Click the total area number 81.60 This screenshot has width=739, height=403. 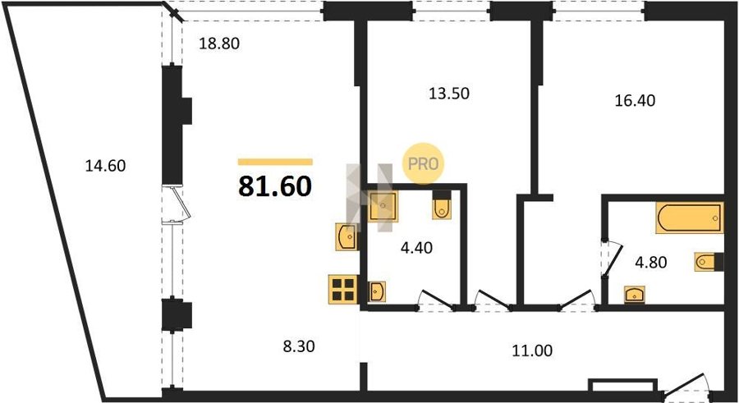[275, 185]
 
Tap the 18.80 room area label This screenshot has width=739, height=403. [219, 44]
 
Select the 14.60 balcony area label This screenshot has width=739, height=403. [105, 166]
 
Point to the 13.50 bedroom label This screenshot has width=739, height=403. [448, 94]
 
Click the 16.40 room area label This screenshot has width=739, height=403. [635, 100]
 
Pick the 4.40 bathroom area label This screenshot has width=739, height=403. [416, 247]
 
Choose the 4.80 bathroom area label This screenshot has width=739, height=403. [651, 262]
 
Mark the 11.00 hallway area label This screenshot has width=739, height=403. [532, 350]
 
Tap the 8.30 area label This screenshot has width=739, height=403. [299, 347]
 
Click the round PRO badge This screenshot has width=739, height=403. [423, 163]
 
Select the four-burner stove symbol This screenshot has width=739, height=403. [343, 290]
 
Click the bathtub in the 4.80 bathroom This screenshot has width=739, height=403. [689, 218]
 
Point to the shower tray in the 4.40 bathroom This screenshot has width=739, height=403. [382, 206]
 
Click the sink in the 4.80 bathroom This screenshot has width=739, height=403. [635, 295]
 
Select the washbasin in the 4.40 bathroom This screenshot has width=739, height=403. [377, 291]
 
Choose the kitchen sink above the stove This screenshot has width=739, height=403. [346, 236]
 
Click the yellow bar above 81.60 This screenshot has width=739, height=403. [275, 163]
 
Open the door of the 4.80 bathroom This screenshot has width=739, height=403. [612, 259]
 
